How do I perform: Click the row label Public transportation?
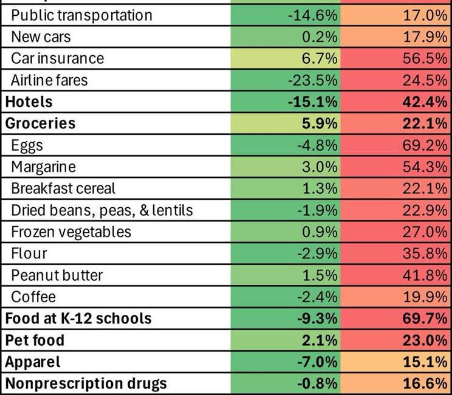click(81, 15)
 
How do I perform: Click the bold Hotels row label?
click(29, 101)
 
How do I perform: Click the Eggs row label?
click(27, 145)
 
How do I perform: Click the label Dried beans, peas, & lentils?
click(102, 210)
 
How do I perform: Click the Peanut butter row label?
click(57, 275)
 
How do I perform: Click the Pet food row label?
click(35, 340)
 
